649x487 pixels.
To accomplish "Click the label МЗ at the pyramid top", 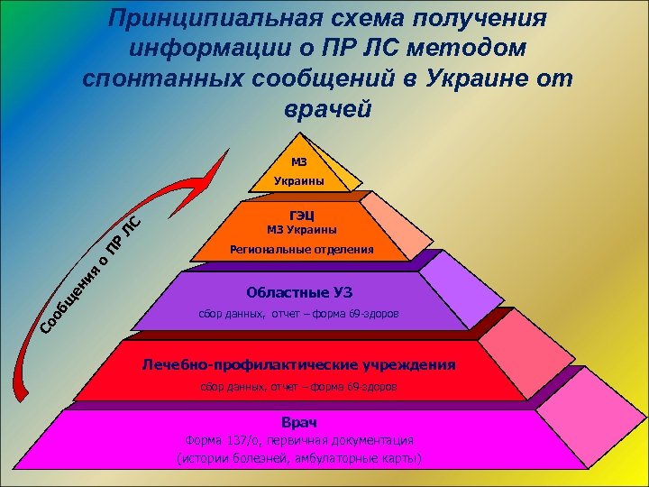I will (299, 162).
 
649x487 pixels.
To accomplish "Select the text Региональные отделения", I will (301, 249).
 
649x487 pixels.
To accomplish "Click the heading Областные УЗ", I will (299, 292).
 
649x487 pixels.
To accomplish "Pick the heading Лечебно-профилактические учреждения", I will (299, 365).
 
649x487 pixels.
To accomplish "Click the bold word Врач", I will (299, 422).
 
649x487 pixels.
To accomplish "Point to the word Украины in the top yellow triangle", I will (299, 181).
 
